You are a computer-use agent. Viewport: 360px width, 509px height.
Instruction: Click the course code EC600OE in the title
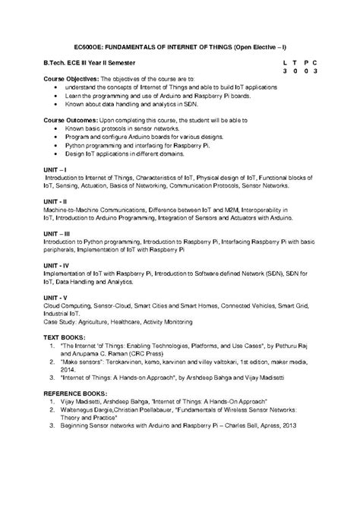pos(80,46)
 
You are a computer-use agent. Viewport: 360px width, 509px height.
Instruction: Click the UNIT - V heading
pos(56,296)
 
